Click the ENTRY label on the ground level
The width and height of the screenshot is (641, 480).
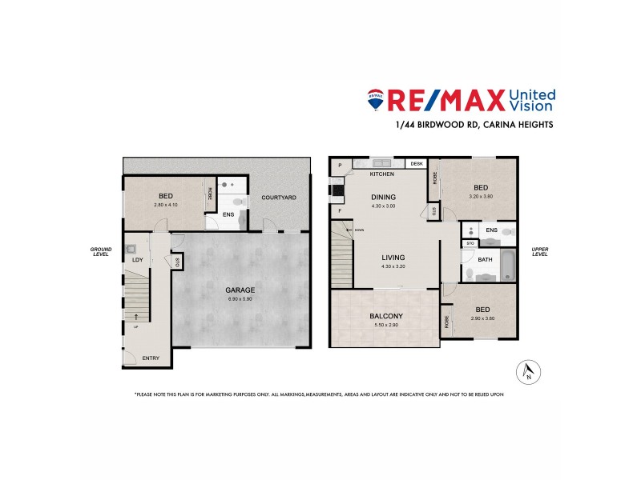pyautogui.click(x=151, y=358)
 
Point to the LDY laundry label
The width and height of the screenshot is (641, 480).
pyautogui.click(x=137, y=259)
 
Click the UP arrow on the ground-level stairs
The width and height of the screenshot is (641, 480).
pyautogui.click(x=136, y=318)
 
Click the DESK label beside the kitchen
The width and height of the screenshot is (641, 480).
pyautogui.click(x=416, y=164)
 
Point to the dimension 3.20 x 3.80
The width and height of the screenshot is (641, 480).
pyautogui.click(x=481, y=197)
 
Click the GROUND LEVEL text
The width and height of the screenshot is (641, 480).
pyautogui.click(x=101, y=251)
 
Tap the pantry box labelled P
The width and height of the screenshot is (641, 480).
pyautogui.click(x=340, y=165)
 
